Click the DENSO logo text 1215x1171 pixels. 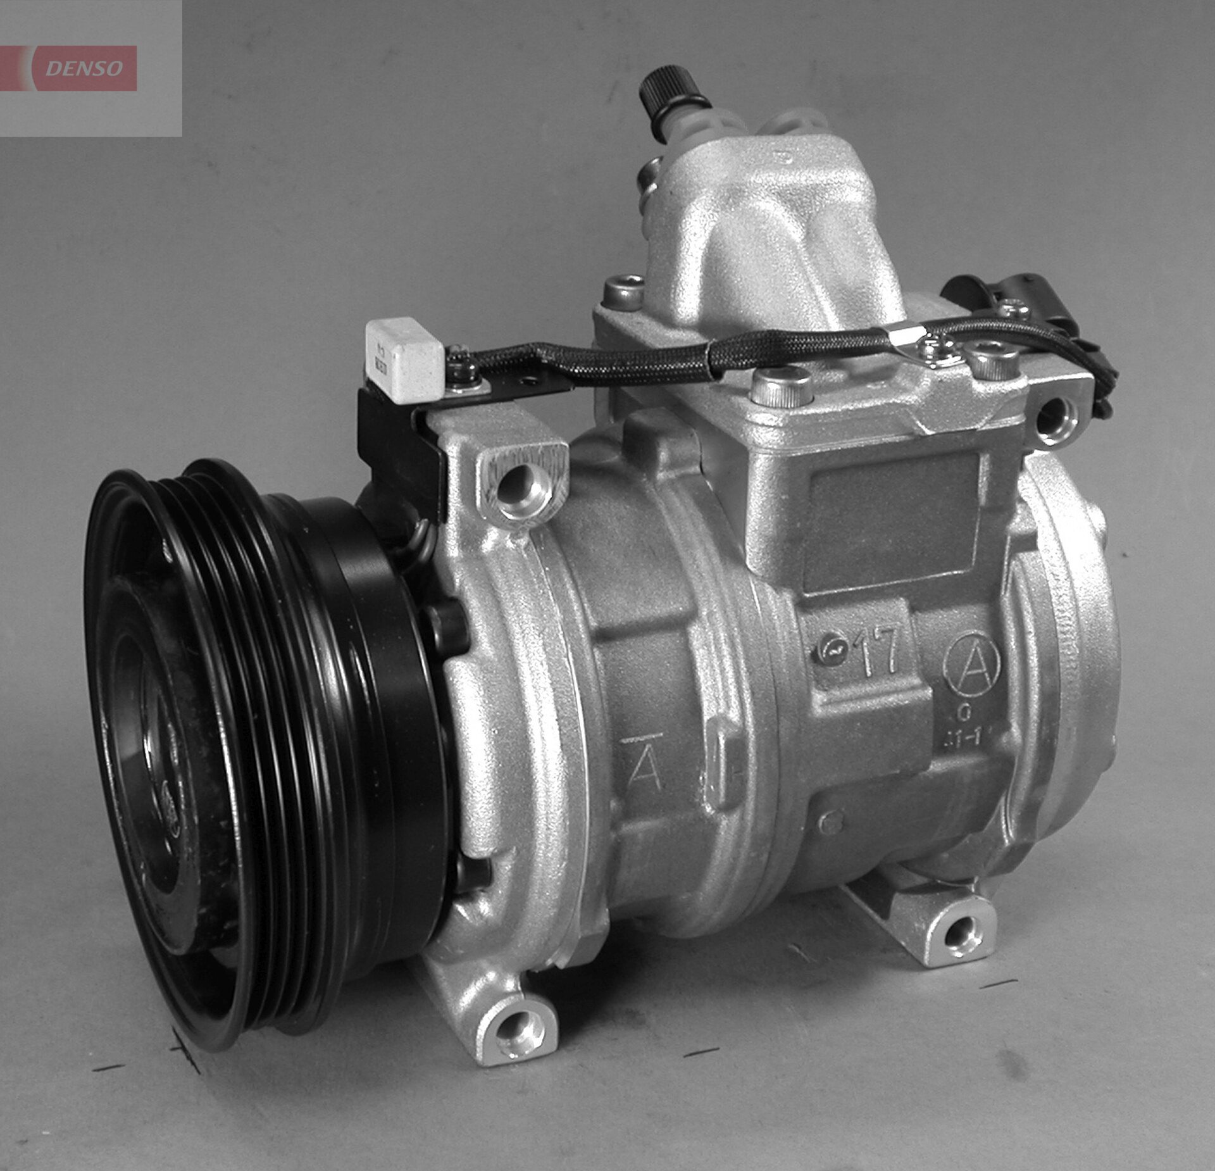tap(84, 68)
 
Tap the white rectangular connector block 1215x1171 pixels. tap(404, 359)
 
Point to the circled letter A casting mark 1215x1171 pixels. tap(971, 665)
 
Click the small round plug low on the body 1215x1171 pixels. tap(830, 823)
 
